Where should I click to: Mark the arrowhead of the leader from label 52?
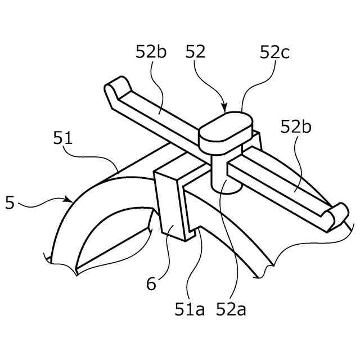[225, 109]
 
